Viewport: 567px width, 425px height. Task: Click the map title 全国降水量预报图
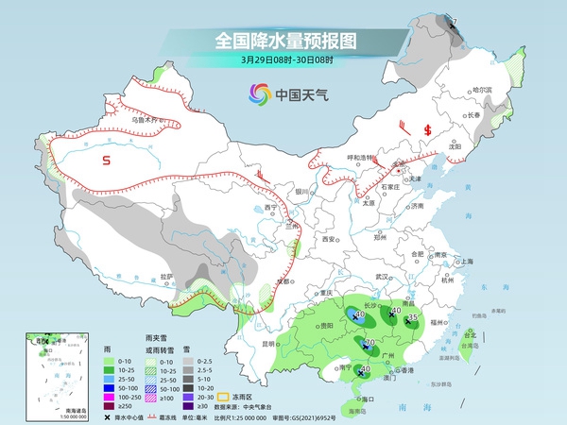(283, 41)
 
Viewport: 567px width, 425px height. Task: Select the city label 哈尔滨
(483, 90)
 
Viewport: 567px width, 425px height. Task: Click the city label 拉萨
(168, 276)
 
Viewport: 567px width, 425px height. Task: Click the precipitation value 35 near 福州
(413, 318)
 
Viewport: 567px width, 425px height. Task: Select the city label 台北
(470, 333)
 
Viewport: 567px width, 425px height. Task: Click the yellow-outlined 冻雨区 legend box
(223, 397)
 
